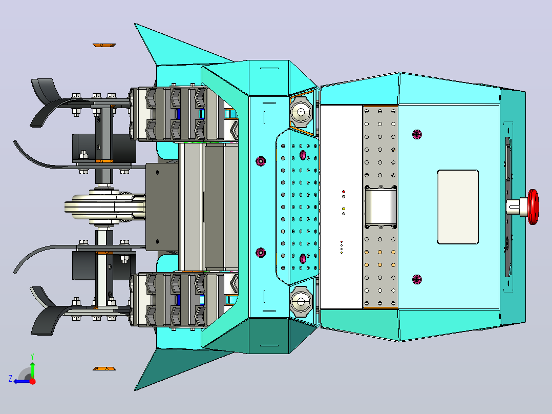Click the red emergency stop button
[534, 207]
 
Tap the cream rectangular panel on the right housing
[458, 207]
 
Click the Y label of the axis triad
[32, 357]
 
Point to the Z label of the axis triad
[10, 379]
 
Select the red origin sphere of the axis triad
[32, 381]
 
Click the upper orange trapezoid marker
[104, 45]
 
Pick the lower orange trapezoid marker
[104, 368]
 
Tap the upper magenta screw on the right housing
[417, 134]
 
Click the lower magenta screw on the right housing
[417, 279]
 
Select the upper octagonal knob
[301, 112]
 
